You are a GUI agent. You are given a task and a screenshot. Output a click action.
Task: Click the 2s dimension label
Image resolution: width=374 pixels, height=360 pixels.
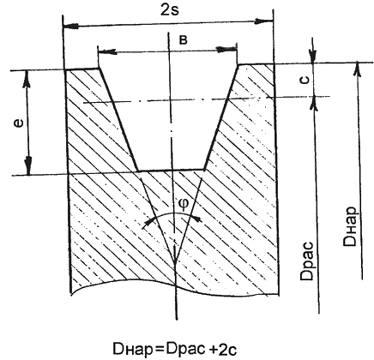point(170,10)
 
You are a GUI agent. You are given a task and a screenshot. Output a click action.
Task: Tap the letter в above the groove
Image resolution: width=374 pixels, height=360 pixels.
point(184,40)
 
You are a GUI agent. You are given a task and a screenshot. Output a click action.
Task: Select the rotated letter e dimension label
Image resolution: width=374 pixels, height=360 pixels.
point(19,123)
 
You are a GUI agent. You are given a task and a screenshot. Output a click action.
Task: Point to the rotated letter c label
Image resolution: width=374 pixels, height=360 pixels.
point(305,80)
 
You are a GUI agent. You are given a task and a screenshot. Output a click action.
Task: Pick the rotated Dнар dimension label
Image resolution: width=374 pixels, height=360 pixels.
point(350,226)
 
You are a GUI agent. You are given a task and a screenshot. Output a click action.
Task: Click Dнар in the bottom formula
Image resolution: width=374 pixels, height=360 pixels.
point(133,349)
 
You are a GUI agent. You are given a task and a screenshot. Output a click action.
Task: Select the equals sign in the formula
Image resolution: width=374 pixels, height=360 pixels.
point(158,349)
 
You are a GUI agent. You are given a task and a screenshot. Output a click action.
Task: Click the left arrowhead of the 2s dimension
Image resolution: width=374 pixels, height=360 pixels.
point(70,26)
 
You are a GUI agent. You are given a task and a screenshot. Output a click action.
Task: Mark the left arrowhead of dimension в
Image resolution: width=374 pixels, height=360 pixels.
point(107,51)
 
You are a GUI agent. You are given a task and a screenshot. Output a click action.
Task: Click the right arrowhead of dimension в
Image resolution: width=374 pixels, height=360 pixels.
point(226,49)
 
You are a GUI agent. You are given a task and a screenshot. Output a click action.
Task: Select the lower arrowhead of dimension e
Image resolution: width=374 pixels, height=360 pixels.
point(28,165)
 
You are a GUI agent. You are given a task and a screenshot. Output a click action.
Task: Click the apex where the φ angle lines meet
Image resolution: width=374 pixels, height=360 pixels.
point(175,261)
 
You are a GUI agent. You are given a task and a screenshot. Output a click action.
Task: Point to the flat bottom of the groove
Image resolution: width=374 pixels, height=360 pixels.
point(172,171)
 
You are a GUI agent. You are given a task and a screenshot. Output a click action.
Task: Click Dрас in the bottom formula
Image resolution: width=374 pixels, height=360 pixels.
point(186,349)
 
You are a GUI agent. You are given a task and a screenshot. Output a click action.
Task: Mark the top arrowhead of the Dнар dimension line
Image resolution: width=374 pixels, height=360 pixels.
point(357,69)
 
